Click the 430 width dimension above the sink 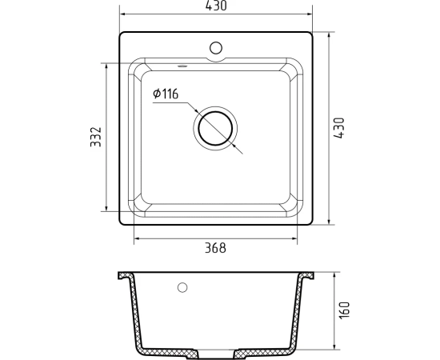(x=216, y=6)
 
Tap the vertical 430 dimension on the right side (x=338, y=128)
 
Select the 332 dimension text (x=96, y=137)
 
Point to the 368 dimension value (x=215, y=248)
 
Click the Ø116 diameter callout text (x=166, y=94)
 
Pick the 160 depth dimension (x=345, y=310)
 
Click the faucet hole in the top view (x=216, y=48)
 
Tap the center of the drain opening (x=215, y=128)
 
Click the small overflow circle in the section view (x=182, y=287)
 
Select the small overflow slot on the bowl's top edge (x=182, y=66)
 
